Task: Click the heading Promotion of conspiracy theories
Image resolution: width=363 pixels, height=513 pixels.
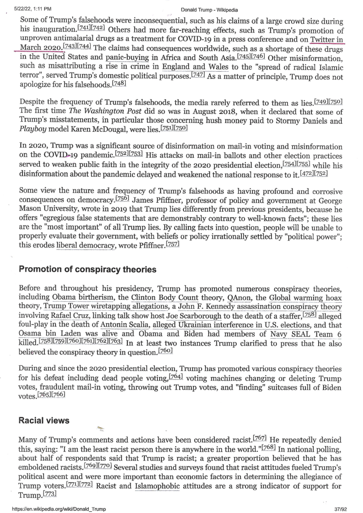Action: [x=87, y=269]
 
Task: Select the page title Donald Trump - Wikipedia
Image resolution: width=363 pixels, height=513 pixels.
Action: [x=209, y=10]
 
